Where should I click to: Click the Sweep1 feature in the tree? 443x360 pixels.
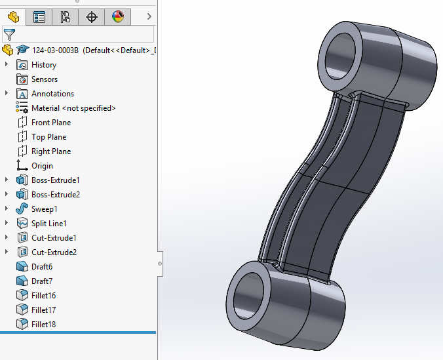pos(44,209)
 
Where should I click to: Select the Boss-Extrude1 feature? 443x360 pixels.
pos(55,180)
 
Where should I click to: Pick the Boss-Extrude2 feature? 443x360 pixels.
pos(55,195)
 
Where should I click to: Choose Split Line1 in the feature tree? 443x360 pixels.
pos(48,224)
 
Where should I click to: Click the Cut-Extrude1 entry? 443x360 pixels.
pos(54,238)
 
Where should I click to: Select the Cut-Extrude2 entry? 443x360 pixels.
pos(54,252)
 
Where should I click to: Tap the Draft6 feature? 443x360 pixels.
pos(42,267)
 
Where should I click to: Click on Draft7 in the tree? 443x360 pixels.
pos(42,281)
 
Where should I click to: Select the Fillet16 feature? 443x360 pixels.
pos(43,296)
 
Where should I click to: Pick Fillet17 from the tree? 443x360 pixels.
pos(43,310)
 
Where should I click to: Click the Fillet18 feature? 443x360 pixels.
pos(43,325)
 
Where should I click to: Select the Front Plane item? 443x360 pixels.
pos(50,123)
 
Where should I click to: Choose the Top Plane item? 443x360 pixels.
pos(48,137)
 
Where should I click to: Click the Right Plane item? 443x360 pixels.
pos(50,151)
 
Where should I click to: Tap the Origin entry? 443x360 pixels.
pos(42,166)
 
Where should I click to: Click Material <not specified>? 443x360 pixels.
pos(73,108)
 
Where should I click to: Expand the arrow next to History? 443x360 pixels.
pos(7,65)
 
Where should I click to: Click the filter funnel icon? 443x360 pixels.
pos(9,34)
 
